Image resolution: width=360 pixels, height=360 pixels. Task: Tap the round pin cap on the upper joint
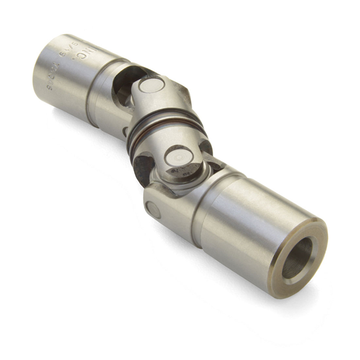tap(151, 85)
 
